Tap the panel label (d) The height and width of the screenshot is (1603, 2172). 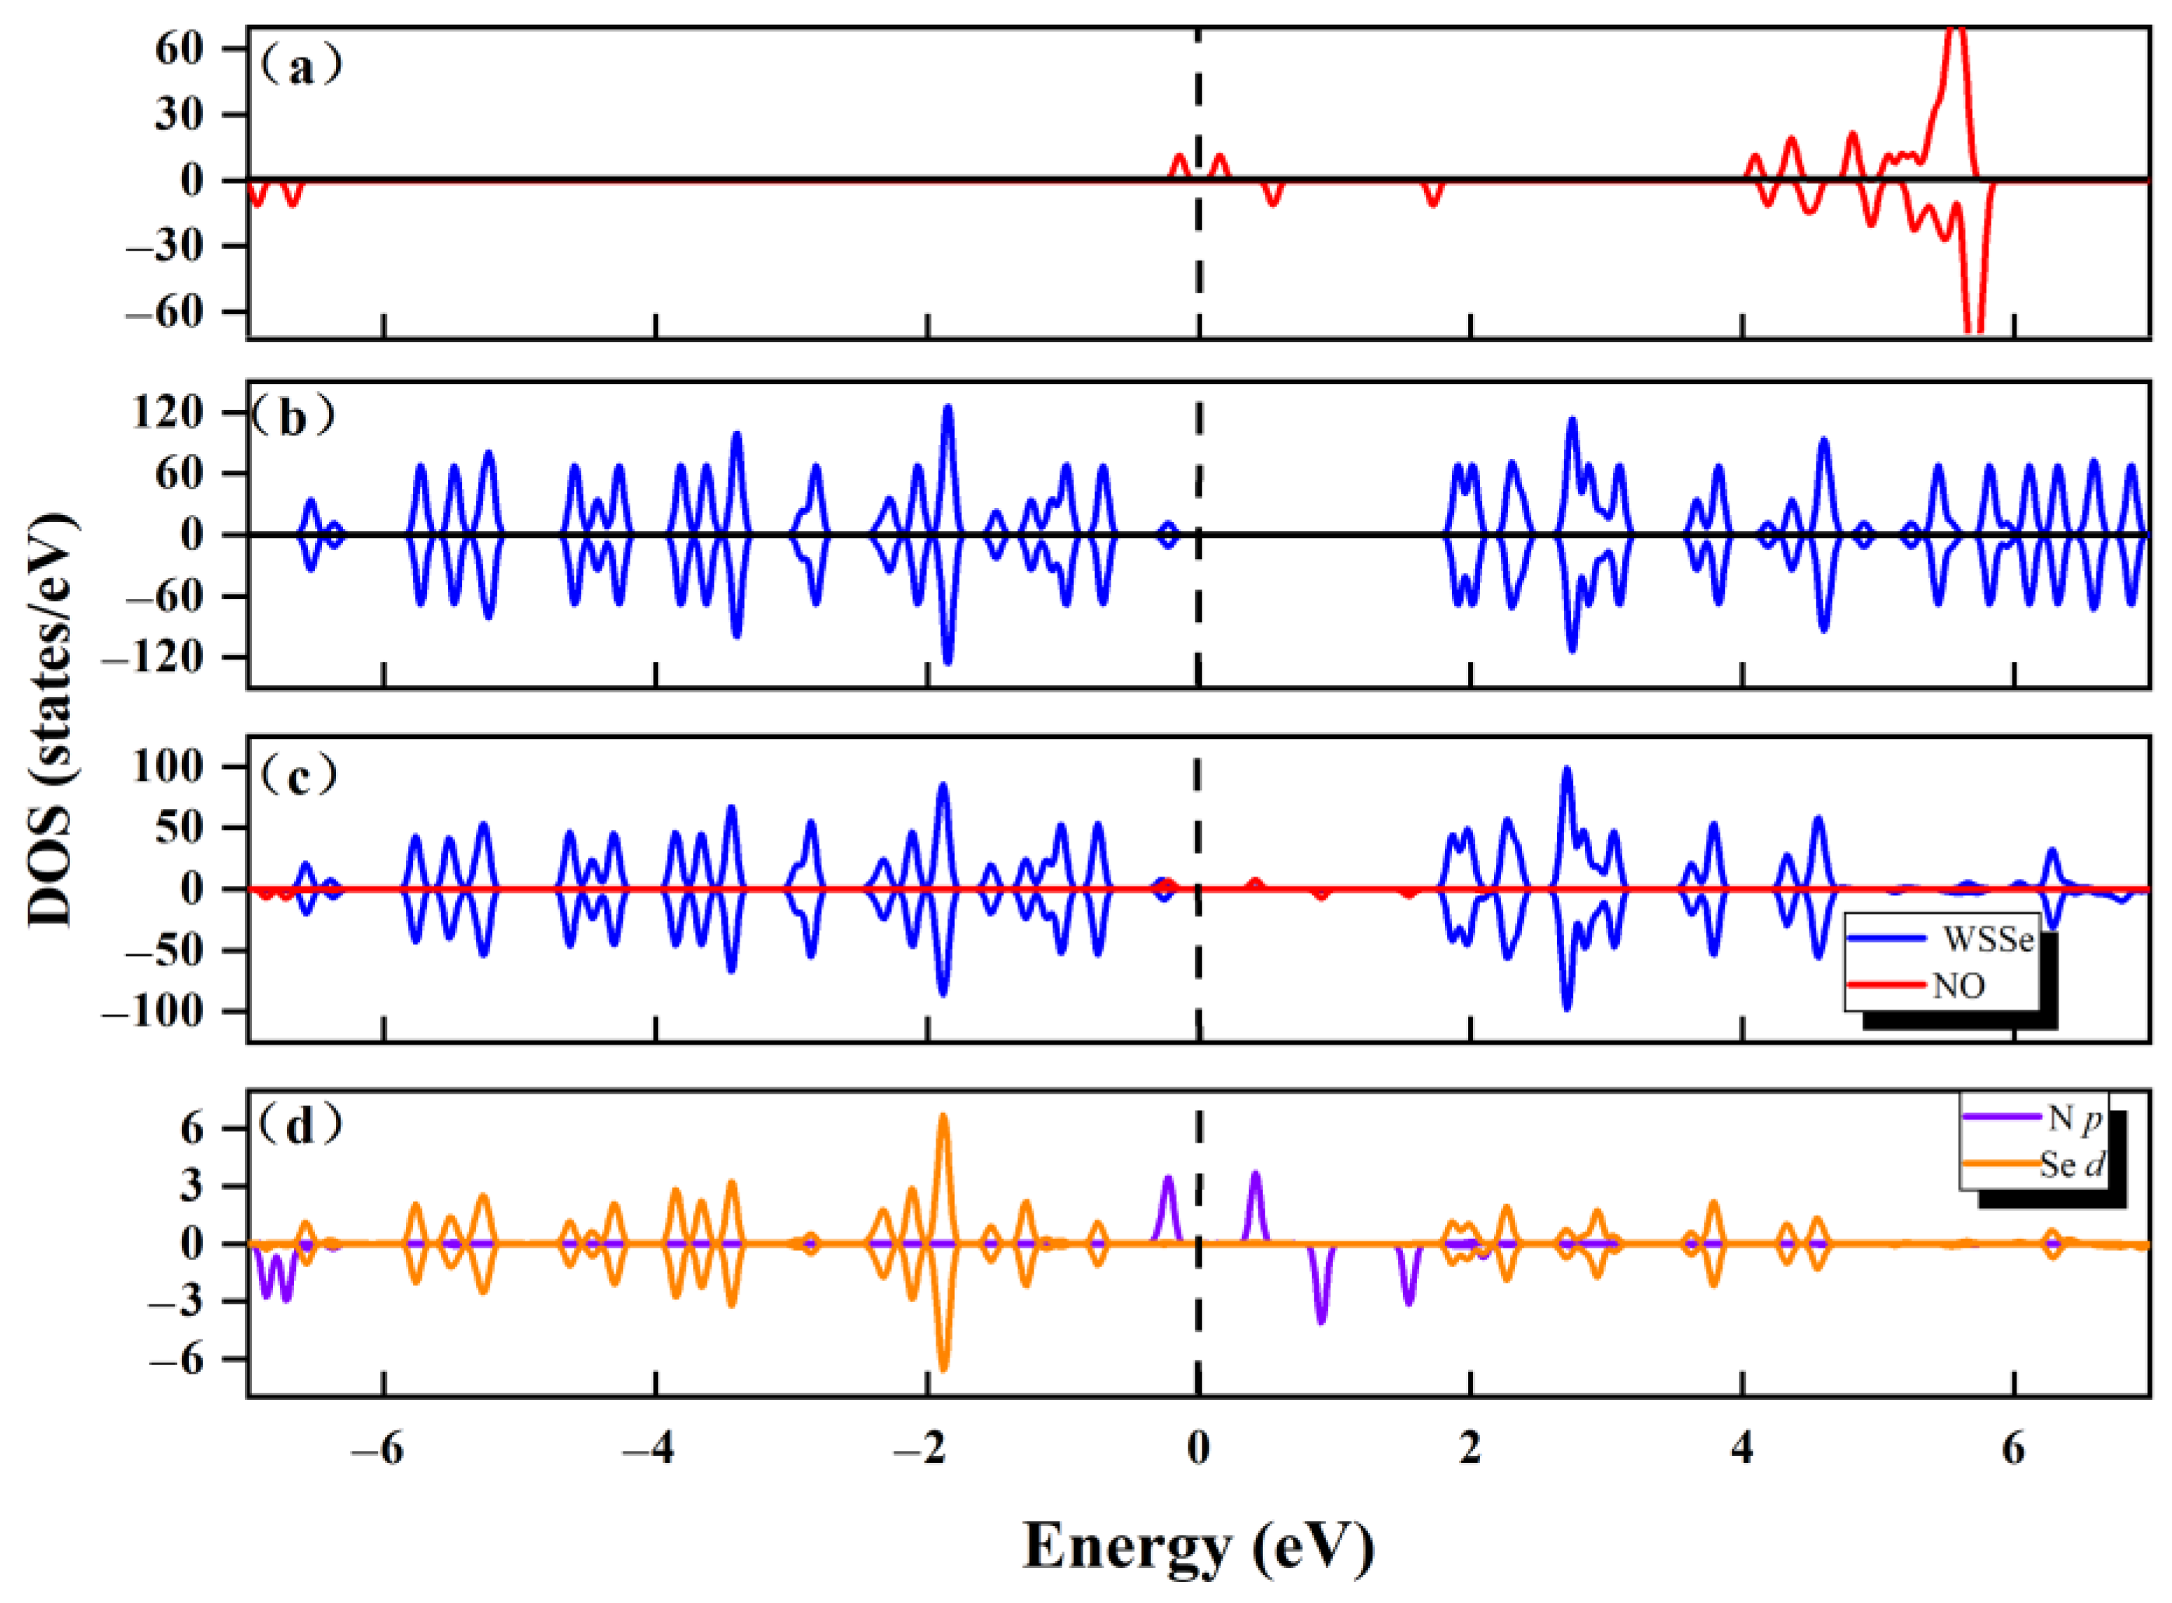click(x=299, y=1125)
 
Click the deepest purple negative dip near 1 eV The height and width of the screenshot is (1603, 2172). click(x=1320, y=1320)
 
